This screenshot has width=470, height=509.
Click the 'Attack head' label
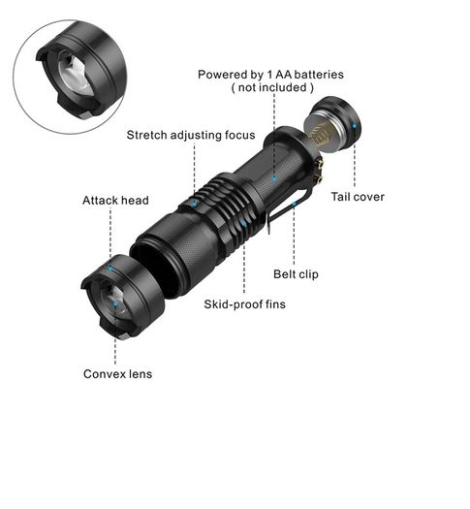pyautogui.click(x=115, y=201)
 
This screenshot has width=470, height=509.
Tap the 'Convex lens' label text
pyautogui.click(x=118, y=374)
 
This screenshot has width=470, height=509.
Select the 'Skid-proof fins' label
pyautogui.click(x=244, y=304)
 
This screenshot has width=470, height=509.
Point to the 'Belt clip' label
pyautogui.click(x=296, y=274)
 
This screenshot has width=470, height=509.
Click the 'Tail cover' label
pyautogui.click(x=358, y=197)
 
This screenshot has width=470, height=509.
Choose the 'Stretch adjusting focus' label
pyautogui.click(x=191, y=135)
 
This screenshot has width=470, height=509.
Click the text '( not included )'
pyautogui.click(x=272, y=87)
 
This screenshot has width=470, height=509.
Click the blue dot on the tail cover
pyautogui.click(x=355, y=126)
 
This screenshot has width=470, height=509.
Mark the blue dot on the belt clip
pyautogui.click(x=294, y=205)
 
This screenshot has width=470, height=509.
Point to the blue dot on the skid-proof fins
pyautogui.click(x=244, y=223)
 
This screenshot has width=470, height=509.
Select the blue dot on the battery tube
pyautogui.click(x=274, y=178)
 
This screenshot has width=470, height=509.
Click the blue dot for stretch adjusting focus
pyautogui.click(x=194, y=204)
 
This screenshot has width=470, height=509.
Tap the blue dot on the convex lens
pyautogui.click(x=115, y=304)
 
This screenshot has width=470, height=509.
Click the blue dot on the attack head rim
pyautogui.click(x=110, y=269)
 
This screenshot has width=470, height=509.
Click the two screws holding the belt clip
pyautogui.click(x=320, y=171)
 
